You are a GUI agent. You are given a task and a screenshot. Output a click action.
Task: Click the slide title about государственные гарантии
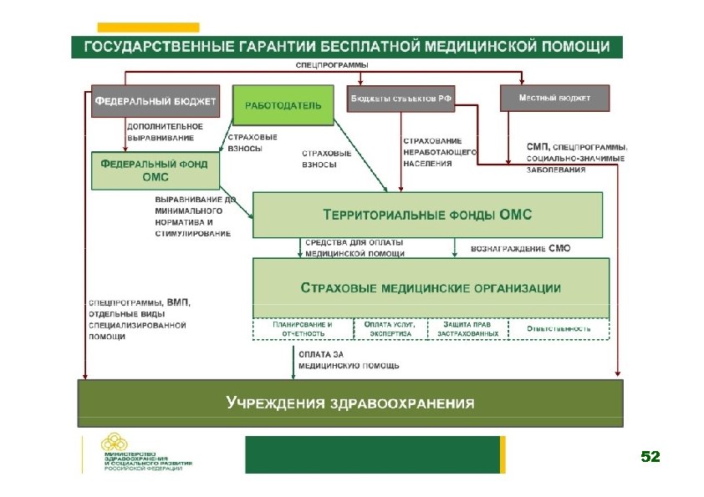coord(346,46)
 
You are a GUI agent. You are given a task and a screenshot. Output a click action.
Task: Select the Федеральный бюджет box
coord(155,101)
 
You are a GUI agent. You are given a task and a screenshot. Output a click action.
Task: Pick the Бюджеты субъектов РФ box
coord(400,99)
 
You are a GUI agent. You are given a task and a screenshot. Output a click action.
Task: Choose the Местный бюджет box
coord(554,99)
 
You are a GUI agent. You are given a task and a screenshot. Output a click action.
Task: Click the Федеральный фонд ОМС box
coord(155,170)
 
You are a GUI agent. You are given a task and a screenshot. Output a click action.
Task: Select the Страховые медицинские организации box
coord(431,287)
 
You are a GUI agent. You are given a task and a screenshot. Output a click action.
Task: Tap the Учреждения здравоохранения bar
coord(350,403)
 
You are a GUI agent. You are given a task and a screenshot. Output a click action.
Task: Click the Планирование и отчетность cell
coord(303,328)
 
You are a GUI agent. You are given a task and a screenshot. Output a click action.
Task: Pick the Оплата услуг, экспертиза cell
coord(390,328)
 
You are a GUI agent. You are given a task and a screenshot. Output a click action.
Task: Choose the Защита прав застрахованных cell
coord(467,328)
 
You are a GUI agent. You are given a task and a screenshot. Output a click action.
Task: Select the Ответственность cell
coord(559,328)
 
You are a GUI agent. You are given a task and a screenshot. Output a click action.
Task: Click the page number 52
coord(650,457)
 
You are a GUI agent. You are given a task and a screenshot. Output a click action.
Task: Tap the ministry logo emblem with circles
coord(115,443)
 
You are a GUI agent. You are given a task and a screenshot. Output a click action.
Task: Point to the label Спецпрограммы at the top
coord(332,65)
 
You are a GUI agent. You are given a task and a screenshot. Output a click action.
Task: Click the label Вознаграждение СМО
coord(521,248)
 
